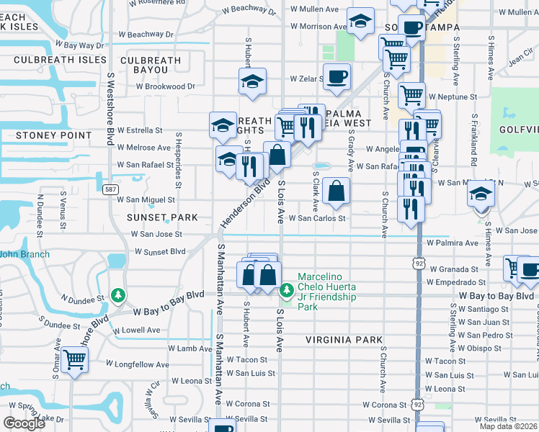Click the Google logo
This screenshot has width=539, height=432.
[x=24, y=423]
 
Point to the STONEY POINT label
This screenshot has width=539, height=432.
[x=46, y=135]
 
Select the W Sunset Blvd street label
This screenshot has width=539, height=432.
[x=160, y=252]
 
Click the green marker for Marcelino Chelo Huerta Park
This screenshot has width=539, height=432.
[x=287, y=289]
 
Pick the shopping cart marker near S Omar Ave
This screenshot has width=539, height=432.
[x=74, y=360]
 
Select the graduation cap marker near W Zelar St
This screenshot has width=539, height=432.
[x=252, y=81]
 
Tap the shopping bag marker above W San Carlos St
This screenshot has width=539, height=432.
[x=336, y=191]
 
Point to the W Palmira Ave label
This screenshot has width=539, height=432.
[x=452, y=243]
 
